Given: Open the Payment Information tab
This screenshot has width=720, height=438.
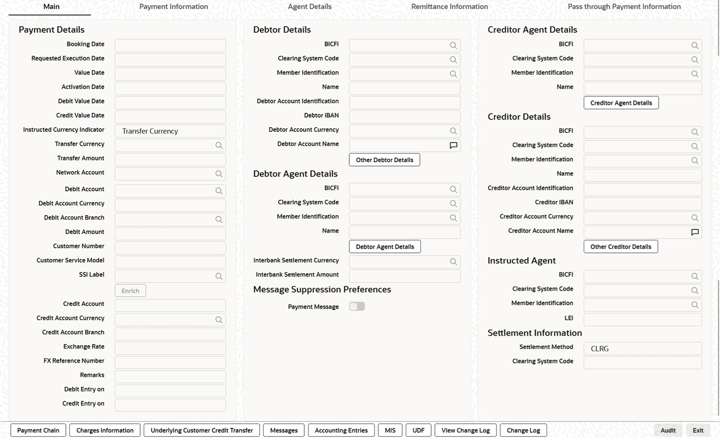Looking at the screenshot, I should [174, 7].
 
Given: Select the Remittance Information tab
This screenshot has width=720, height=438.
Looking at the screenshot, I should [449, 7].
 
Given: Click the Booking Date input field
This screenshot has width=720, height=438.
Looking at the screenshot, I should [170, 45].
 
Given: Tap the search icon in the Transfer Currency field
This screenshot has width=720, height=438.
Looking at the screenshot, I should [219, 145].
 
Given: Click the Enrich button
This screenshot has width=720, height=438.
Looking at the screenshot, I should [130, 290].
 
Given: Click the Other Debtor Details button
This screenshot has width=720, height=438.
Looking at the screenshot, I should [384, 160].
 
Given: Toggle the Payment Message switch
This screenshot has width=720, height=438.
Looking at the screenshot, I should [357, 306].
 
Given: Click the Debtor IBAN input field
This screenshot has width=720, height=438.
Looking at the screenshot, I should [405, 117].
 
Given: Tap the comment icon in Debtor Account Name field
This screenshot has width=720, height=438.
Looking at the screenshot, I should [453, 145].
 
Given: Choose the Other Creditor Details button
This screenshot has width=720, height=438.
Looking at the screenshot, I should [620, 247].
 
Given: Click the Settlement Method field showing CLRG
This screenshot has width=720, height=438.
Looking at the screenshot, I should [642, 348].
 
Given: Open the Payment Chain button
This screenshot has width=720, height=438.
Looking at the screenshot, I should [38, 430].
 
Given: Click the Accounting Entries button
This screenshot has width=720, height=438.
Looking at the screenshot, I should [341, 430].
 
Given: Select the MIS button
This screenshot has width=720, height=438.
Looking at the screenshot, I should [390, 430].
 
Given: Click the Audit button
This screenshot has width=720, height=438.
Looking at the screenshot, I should [668, 430].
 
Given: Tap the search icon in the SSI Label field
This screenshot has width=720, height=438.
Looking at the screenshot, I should [219, 276].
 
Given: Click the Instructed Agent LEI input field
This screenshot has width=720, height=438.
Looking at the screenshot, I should [642, 319].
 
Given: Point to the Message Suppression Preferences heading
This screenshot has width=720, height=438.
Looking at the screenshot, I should [322, 289].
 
